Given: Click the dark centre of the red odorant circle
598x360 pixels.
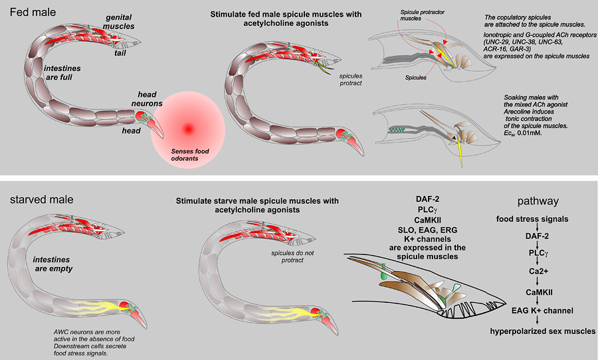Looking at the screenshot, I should point(188,128).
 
